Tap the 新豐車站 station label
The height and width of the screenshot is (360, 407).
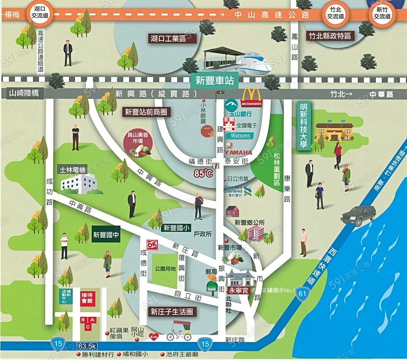click(215, 81)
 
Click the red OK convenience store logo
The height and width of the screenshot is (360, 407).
click(151, 244)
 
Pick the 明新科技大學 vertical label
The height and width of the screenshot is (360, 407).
click(303, 126)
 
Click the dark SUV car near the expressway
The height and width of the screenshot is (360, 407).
click(358, 215)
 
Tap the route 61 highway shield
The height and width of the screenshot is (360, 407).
click(302, 295)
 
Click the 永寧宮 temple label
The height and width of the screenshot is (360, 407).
click(238, 290)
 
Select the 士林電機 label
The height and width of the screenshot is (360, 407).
click(72, 170)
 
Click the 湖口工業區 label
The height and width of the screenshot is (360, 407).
click(168, 38)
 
